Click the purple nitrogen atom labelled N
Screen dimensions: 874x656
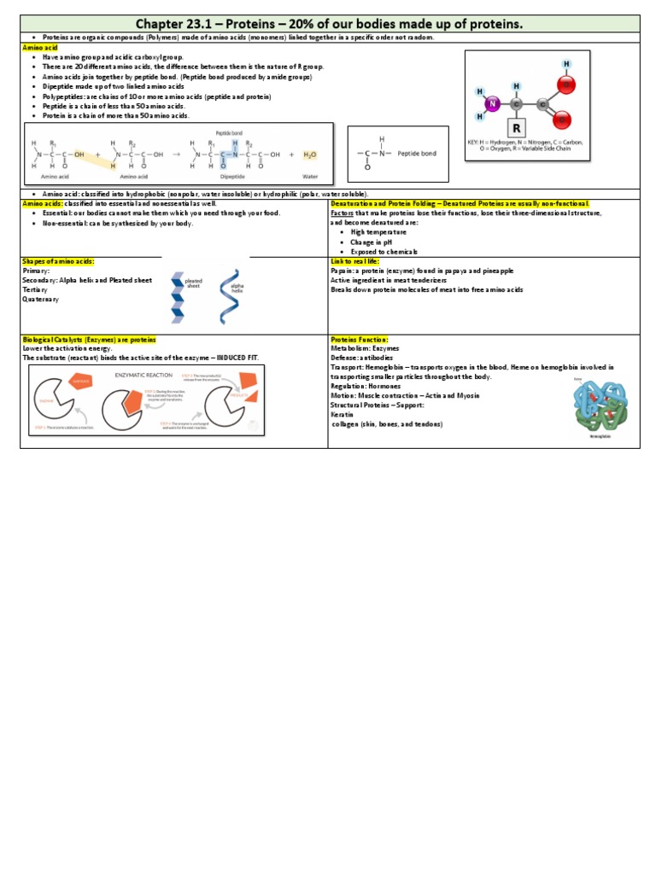point(492,104)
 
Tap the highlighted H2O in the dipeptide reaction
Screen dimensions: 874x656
point(308,154)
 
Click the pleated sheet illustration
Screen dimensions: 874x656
point(177,294)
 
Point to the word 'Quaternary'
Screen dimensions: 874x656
point(41,300)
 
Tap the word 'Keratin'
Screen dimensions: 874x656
point(343,415)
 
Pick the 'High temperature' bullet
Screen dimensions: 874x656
point(378,232)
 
